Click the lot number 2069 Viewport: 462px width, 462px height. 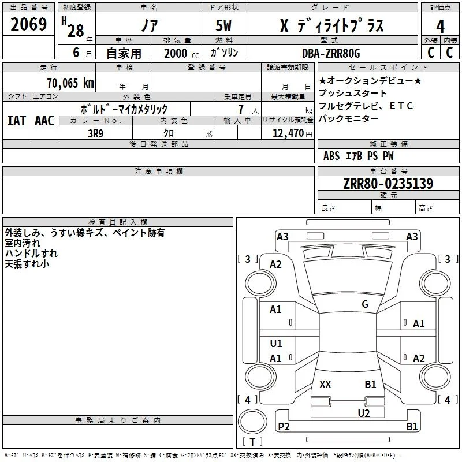pyautogui.click(x=28, y=24)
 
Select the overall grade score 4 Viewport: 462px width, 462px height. pyautogui.click(x=440, y=26)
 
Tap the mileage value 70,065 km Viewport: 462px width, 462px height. pyautogui.click(x=70, y=83)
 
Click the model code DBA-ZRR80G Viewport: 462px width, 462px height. pyautogui.click(x=331, y=53)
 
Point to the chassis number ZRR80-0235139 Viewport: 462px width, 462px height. pyautogui.click(x=388, y=183)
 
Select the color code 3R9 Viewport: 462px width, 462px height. pyautogui.click(x=95, y=133)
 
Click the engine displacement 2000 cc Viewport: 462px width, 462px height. pyautogui.click(x=181, y=54)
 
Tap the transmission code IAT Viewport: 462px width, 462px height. pyautogui.click(x=17, y=121)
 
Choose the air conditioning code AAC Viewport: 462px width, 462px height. pyautogui.click(x=44, y=121)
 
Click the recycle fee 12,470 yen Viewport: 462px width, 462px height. pyautogui.click(x=292, y=133)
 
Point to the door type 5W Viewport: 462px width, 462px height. pyautogui.click(x=223, y=25)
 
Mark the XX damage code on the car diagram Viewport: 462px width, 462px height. pyautogui.click(x=325, y=384)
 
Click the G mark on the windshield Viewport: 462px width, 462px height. pyautogui.click(x=365, y=304)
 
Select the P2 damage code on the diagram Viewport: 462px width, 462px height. pyautogui.click(x=284, y=426)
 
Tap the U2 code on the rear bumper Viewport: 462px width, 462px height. pyautogui.click(x=364, y=413)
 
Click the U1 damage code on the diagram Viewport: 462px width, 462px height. pyautogui.click(x=276, y=343)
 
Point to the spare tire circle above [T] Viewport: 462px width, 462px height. pyautogui.click(x=252, y=422)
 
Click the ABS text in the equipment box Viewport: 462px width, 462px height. pyautogui.click(x=331, y=156)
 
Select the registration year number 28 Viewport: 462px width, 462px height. pyautogui.click(x=76, y=31)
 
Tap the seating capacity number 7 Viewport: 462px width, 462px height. pyautogui.click(x=241, y=109)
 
